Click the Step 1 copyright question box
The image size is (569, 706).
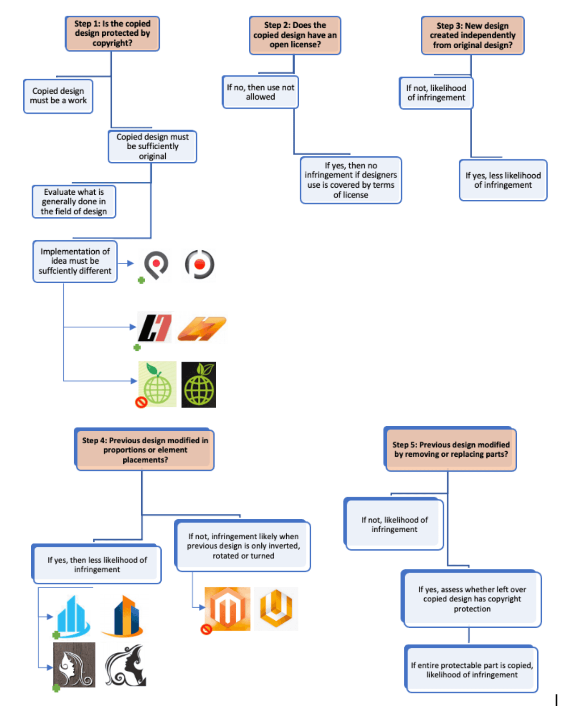click(112, 34)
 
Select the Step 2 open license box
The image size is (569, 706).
click(295, 35)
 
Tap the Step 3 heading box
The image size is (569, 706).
click(473, 35)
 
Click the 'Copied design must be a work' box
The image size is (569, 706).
click(58, 96)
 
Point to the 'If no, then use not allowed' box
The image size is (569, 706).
click(260, 92)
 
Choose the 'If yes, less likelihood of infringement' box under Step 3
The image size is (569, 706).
click(503, 180)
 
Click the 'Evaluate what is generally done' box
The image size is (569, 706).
click(74, 202)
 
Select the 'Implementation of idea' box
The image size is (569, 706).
click(75, 261)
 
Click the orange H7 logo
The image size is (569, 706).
click(202, 329)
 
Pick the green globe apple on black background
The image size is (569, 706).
click(199, 384)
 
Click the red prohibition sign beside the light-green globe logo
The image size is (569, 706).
click(141, 403)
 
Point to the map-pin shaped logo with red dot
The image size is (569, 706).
click(156, 265)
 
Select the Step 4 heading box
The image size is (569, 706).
click(144, 449)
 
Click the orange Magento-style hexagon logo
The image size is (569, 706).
click(227, 609)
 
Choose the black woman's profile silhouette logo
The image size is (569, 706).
click(126, 665)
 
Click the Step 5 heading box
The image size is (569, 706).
click(450, 449)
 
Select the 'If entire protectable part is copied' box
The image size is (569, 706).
click(471, 669)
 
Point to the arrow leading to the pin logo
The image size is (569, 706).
click(126, 263)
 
